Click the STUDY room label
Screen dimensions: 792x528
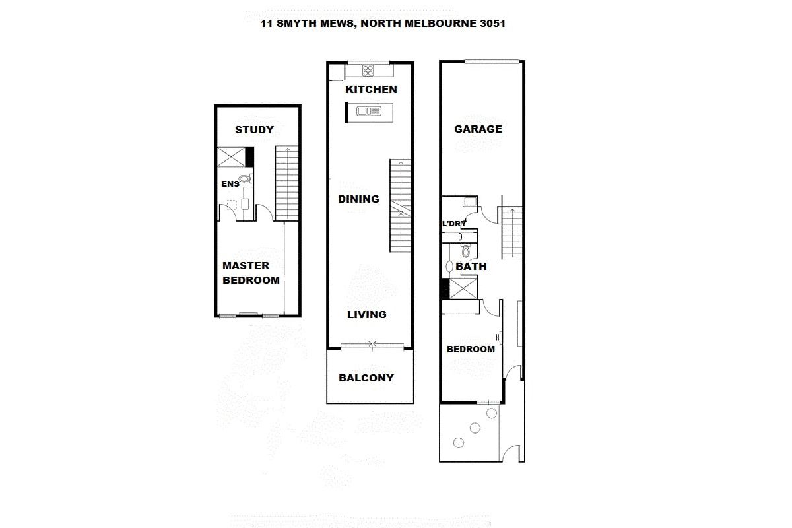point(254,130)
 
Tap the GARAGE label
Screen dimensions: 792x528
point(478,129)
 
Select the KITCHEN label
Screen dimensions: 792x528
point(371,90)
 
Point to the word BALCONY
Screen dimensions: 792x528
point(366,378)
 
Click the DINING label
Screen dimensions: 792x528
point(358,199)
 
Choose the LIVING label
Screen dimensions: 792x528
point(367,314)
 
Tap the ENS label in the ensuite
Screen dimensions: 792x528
point(230,184)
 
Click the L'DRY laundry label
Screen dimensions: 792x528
point(454,224)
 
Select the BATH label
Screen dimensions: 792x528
point(471,266)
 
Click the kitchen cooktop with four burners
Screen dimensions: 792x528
point(368,71)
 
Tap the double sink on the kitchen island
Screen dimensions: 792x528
point(369,111)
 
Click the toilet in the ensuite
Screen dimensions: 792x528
point(246,179)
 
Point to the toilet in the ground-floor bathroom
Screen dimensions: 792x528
point(466,250)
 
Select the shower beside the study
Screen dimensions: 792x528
point(231,157)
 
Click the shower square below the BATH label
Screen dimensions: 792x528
point(463,288)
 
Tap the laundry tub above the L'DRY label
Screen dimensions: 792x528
point(470,202)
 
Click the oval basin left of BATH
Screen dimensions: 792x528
point(449,266)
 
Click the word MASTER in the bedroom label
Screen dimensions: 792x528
point(246,265)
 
